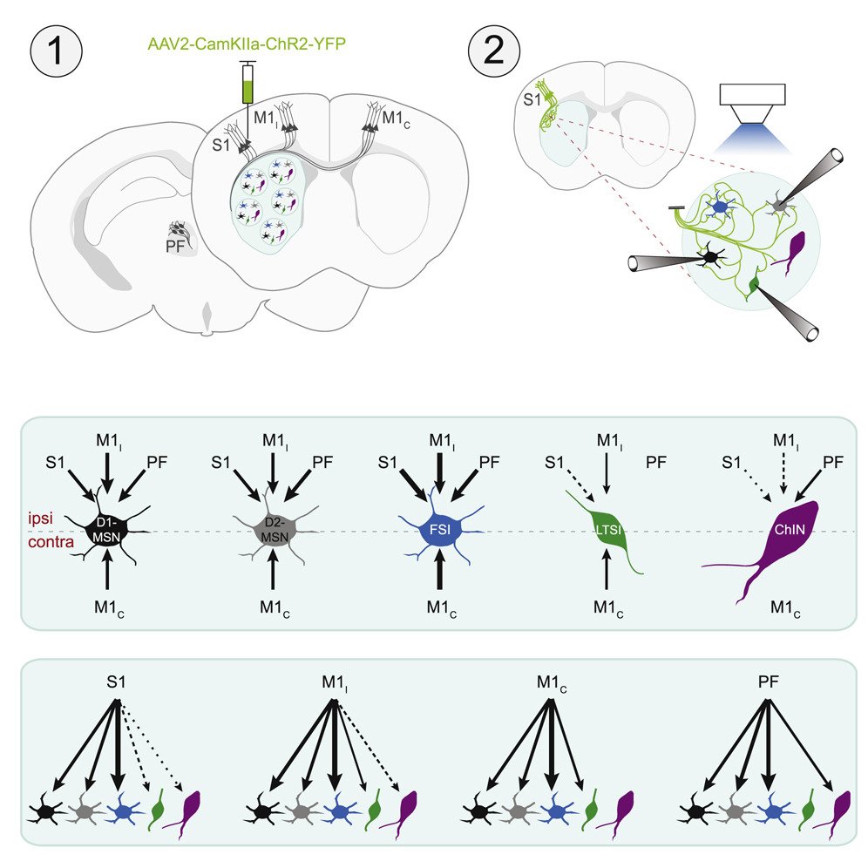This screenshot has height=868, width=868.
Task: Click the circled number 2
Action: (x=493, y=51)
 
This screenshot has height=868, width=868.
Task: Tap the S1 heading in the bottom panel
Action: (x=117, y=682)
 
